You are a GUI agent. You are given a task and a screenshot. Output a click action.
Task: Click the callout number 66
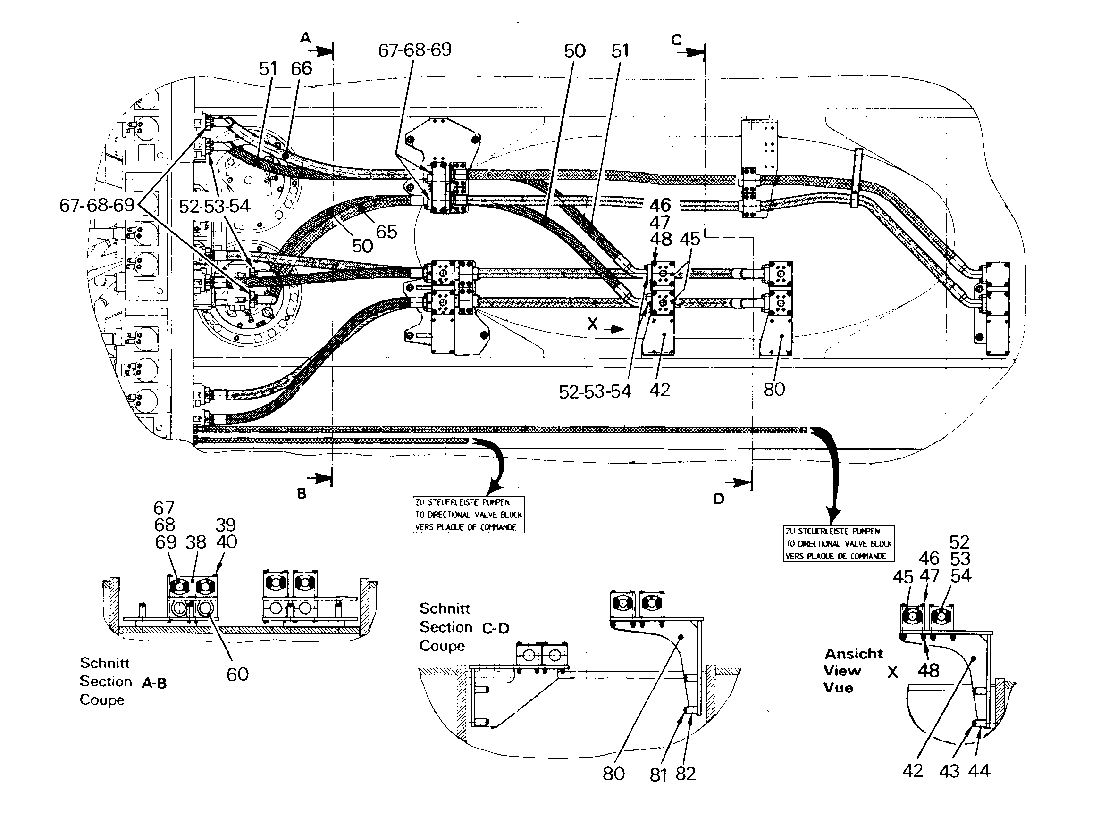(x=302, y=69)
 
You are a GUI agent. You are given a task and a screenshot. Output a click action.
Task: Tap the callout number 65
(x=386, y=232)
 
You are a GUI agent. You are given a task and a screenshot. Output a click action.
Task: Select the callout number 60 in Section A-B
(x=237, y=674)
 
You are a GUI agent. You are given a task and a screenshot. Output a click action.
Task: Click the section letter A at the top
(x=306, y=38)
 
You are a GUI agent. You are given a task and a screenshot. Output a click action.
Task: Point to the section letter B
(x=302, y=493)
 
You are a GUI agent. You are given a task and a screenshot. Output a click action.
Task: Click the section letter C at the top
(x=677, y=40)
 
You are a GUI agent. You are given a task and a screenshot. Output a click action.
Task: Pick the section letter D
(x=719, y=499)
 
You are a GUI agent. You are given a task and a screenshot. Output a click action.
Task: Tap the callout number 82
(x=686, y=774)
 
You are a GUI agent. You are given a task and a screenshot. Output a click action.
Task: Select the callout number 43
(x=949, y=772)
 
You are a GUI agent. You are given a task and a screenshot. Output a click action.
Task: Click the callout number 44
(x=979, y=771)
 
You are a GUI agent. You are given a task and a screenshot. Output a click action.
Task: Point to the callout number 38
(x=196, y=542)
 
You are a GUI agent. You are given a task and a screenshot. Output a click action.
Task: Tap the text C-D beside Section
(x=495, y=628)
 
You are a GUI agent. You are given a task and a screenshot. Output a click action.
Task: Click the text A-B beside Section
(x=154, y=683)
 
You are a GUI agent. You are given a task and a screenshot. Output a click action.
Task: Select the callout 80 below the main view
(x=774, y=390)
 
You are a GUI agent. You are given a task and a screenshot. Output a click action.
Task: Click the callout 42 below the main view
(x=660, y=390)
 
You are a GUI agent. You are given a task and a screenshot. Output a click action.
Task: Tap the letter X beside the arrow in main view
(x=593, y=324)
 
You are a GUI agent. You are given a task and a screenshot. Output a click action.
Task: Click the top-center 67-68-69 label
(x=415, y=50)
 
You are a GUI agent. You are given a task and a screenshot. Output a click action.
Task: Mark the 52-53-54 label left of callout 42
(x=595, y=392)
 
